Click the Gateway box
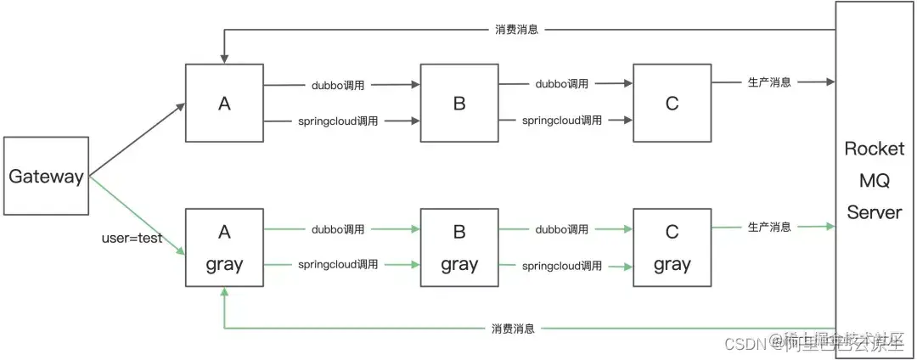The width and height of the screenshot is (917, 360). (x=46, y=176)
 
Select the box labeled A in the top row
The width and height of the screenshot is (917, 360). (x=224, y=104)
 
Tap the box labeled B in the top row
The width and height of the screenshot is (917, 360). (x=459, y=104)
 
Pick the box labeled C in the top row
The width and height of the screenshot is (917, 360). (x=672, y=104)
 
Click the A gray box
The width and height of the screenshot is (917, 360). (x=224, y=248)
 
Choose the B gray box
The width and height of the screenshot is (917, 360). (x=459, y=248)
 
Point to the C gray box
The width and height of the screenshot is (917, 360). (x=672, y=248)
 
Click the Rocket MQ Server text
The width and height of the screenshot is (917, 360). (x=874, y=180)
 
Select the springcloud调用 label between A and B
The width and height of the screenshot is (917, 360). (x=338, y=121)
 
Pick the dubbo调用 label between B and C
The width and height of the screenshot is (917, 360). (x=561, y=84)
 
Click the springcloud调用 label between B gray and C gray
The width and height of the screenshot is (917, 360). (x=562, y=266)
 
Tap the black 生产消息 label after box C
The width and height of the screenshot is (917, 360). (x=769, y=82)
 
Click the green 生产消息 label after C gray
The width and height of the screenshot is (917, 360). (x=769, y=227)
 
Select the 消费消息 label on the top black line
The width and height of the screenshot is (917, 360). (x=517, y=30)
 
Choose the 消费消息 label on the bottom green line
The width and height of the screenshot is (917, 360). (x=513, y=329)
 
